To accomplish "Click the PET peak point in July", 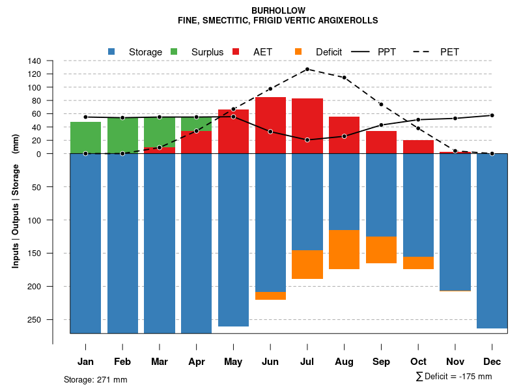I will coord(307,69).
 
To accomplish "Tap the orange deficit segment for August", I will coord(344,250).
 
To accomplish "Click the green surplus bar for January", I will coord(85,138).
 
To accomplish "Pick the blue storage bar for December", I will coord(492,241).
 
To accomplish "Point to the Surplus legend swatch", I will coord(174,51).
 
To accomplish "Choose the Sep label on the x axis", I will coord(381,362).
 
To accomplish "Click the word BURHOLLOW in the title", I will coord(278,11).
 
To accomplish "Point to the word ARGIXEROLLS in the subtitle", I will coord(346,21).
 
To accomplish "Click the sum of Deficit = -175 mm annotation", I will coord(453,377).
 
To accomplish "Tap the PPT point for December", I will coord(492,115).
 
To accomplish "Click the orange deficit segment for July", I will coord(307,265).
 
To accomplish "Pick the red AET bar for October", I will coord(418,147).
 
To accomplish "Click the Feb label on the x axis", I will coord(122,362).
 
